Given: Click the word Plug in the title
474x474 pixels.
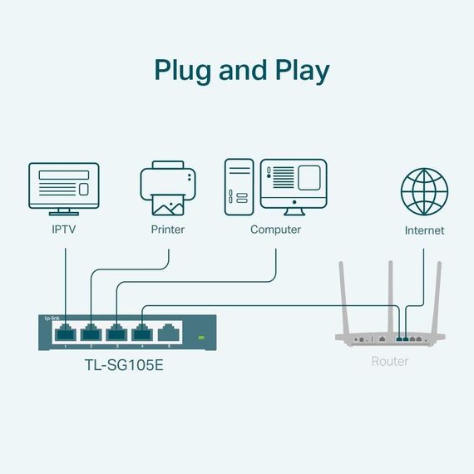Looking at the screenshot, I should point(182,70).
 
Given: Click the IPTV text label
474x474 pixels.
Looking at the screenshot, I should point(64,230).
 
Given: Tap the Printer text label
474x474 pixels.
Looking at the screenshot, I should point(167,230).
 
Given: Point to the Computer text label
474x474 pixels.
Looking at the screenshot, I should point(275,230).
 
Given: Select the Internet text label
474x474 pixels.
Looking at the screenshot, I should point(424,230).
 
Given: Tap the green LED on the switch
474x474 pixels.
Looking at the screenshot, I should point(200,338).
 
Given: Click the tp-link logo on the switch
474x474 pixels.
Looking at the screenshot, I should point(52,318).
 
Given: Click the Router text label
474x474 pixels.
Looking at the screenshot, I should point(390,362).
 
